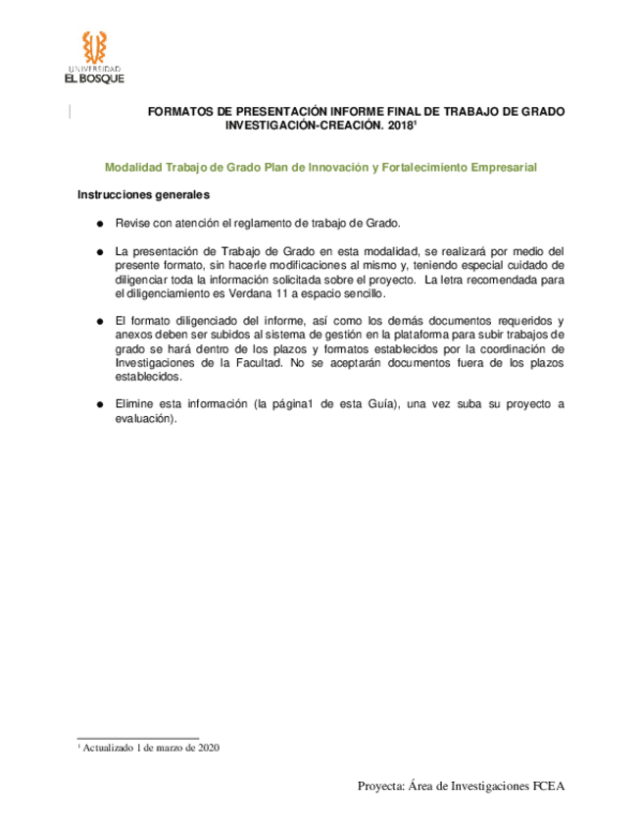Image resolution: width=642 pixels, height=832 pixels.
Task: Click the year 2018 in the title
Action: click(x=399, y=128)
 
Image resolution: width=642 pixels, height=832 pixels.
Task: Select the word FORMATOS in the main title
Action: click(x=179, y=113)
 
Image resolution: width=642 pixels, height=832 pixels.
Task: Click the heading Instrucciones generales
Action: click(x=138, y=194)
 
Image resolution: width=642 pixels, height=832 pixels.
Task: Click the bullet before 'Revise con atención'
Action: click(x=100, y=224)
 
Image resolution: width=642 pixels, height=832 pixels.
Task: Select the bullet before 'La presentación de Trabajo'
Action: click(x=100, y=252)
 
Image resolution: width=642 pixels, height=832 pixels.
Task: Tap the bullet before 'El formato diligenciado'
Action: click(x=100, y=322)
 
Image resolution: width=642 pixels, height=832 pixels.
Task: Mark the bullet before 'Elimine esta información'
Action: click(x=100, y=405)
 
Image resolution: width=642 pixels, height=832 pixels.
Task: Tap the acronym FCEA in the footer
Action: click(x=550, y=786)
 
